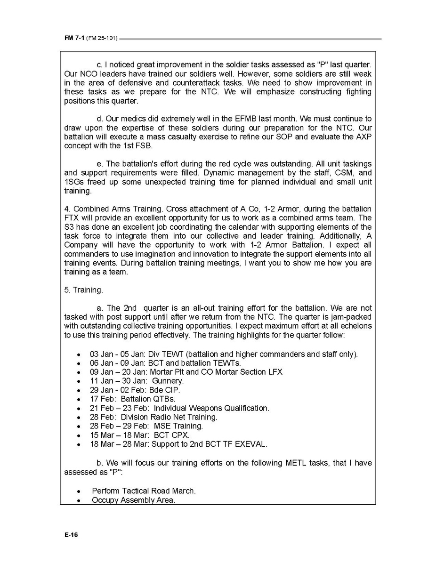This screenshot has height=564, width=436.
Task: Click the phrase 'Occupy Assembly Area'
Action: pos(133,500)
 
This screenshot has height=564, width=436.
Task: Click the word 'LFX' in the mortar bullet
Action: pos(275,372)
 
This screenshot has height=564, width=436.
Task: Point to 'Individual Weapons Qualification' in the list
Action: pos(211,408)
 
